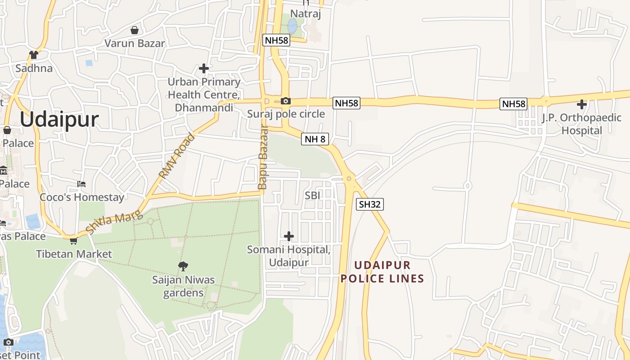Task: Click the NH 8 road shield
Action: tap(315, 139)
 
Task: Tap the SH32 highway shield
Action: tap(370, 204)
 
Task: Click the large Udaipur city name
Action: tap(59, 120)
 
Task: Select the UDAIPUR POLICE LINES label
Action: tap(382, 272)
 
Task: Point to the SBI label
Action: tap(312, 195)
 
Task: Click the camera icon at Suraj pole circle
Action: tap(285, 101)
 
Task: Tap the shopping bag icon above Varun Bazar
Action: tap(134, 30)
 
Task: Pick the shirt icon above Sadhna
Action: tap(34, 55)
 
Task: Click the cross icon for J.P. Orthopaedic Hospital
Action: tap(582, 104)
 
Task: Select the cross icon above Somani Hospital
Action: tap(289, 236)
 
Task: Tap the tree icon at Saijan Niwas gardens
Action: tap(183, 266)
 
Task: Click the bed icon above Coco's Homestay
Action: tap(81, 184)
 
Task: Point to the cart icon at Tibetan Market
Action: tap(73, 241)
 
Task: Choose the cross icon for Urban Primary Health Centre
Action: tap(204, 68)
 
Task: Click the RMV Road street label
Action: tap(177, 156)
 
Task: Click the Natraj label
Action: tap(306, 14)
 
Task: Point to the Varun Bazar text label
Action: tap(135, 44)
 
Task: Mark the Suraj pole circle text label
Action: tap(286, 114)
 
